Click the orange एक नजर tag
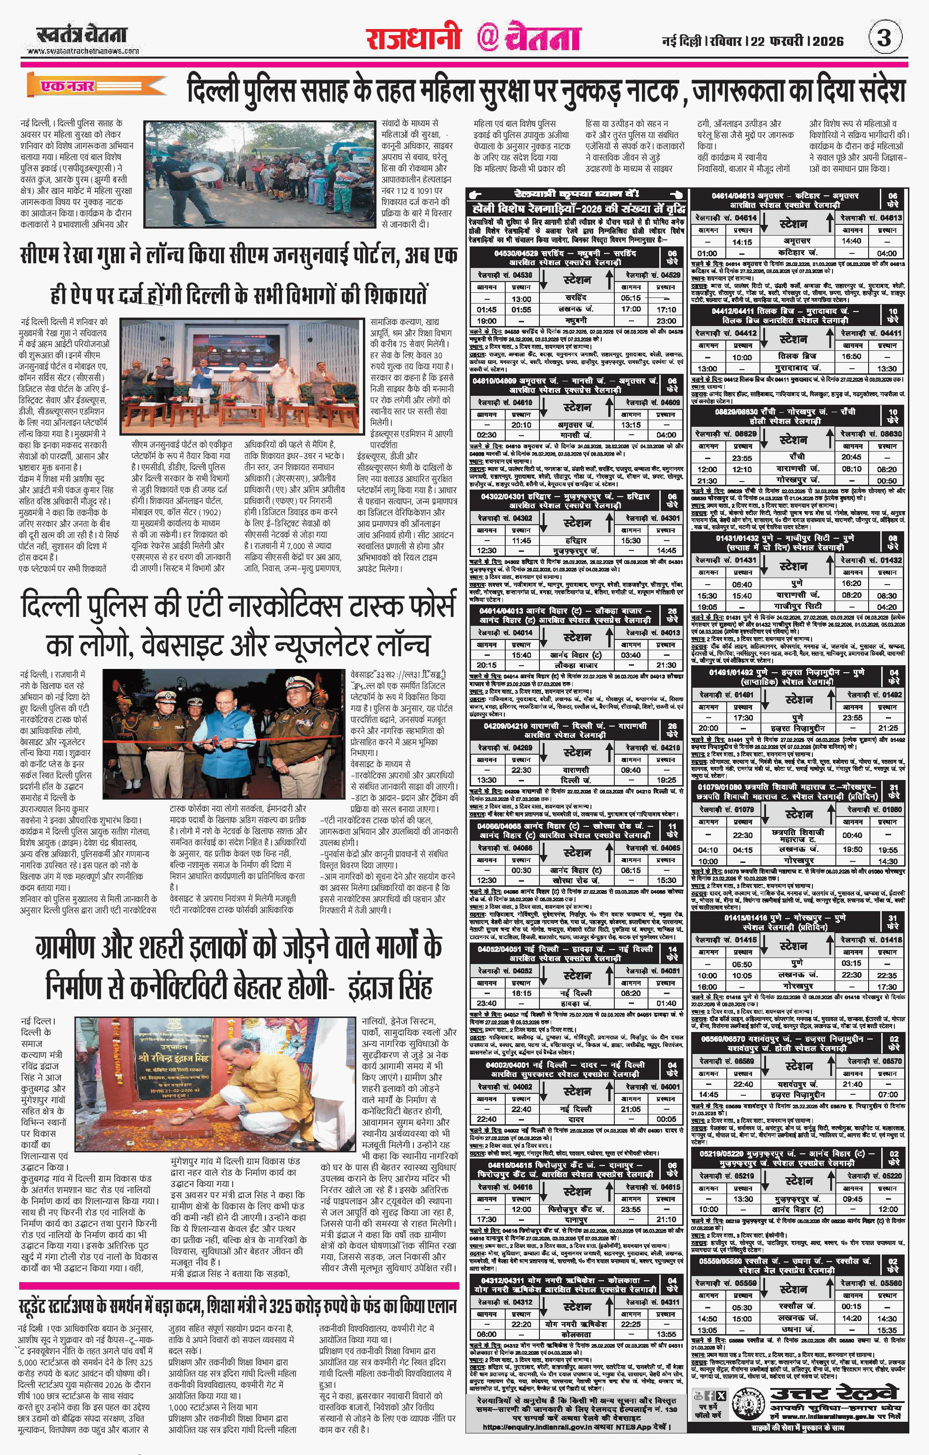[x=67, y=86]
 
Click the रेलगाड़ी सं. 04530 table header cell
[x=505, y=275]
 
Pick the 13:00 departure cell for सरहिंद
[x=521, y=298]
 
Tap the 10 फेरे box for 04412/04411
[x=893, y=315]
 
